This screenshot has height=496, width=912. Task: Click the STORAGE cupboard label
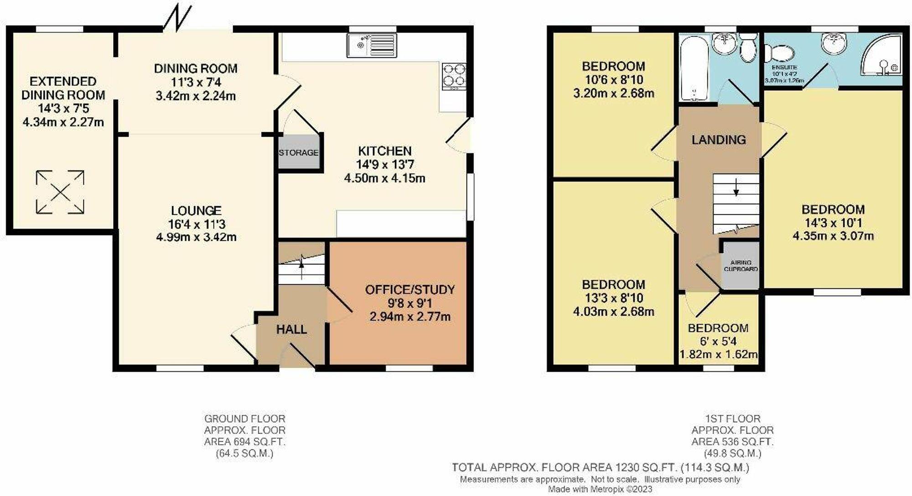click(x=299, y=152)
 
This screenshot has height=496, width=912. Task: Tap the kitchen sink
click(x=371, y=45)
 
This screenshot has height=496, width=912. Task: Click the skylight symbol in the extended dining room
click(x=60, y=192)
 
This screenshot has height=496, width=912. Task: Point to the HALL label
click(x=291, y=329)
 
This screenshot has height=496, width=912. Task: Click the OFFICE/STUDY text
click(x=410, y=289)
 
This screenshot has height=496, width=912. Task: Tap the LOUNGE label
click(x=196, y=210)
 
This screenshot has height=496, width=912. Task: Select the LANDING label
click(x=719, y=139)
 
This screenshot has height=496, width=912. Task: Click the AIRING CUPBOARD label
click(x=741, y=266)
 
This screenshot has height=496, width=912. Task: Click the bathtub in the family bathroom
click(x=693, y=68)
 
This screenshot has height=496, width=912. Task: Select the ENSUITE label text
click(x=784, y=67)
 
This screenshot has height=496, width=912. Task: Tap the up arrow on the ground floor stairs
click(x=301, y=266)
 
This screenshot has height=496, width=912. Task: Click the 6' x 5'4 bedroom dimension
click(x=718, y=341)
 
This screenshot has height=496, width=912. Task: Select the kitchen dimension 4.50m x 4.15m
click(x=384, y=178)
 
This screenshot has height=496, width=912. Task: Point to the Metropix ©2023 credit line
click(x=600, y=490)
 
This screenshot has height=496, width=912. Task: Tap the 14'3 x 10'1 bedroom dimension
click(x=833, y=222)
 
